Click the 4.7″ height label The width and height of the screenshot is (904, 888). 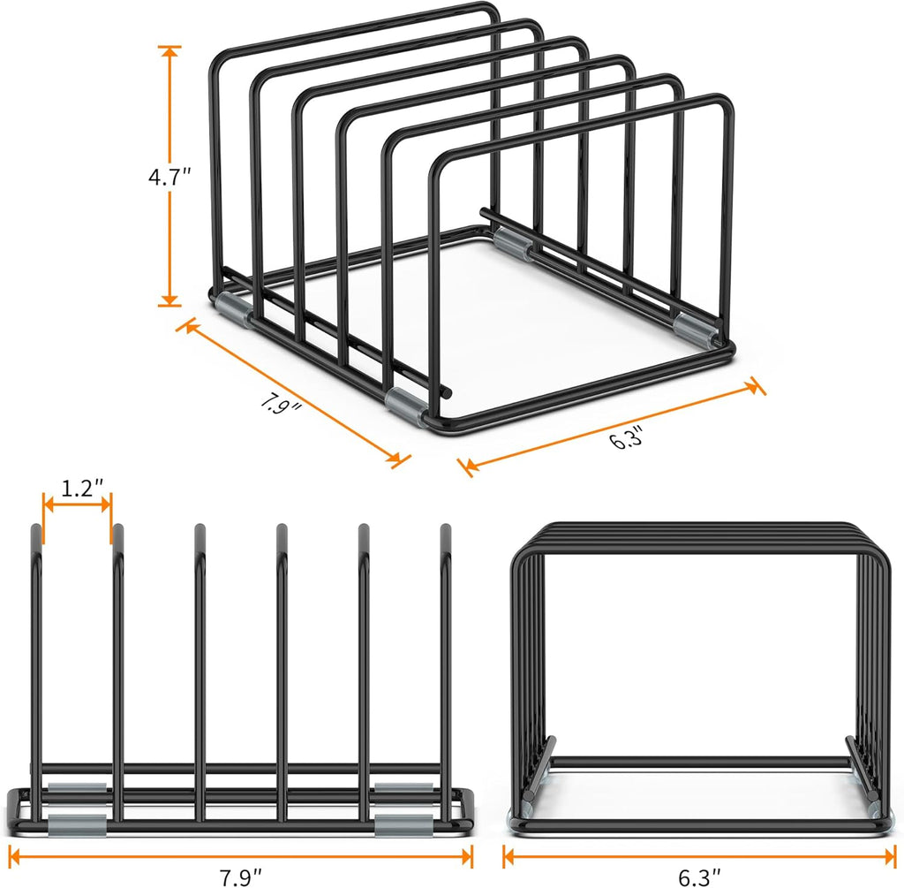(x=169, y=177)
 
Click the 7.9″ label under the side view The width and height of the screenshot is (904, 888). (x=240, y=877)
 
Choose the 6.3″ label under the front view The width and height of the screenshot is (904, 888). (x=698, y=877)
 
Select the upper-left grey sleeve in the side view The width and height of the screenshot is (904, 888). (x=77, y=788)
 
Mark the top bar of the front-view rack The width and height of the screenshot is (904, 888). (x=697, y=527)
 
